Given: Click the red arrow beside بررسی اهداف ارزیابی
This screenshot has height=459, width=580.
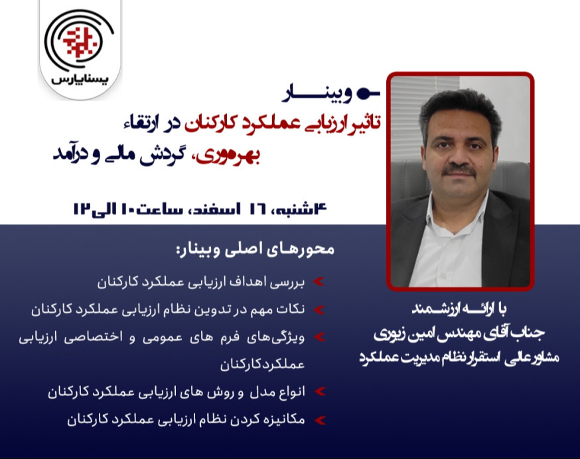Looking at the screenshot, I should [x=319, y=282].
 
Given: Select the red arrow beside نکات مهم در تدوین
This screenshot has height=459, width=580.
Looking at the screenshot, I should [x=319, y=310].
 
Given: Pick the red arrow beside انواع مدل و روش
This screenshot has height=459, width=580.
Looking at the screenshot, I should [x=319, y=392].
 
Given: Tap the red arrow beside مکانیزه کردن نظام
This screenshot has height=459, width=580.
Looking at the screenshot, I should [x=319, y=420].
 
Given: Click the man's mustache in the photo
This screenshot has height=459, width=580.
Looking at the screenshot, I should [x=459, y=171].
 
